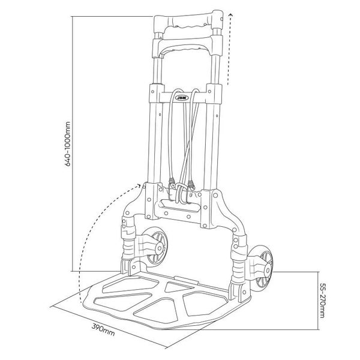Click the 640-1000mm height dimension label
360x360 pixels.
pos(68,144)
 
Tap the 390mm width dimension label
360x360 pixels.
pos(103,329)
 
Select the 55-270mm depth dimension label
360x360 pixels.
pos(322,301)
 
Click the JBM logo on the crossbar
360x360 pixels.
pos(182,98)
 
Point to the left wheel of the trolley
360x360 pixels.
pos(154,247)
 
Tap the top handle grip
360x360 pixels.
pos(188,22)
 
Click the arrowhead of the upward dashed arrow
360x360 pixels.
pos(231,16)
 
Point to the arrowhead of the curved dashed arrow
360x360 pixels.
pos(139,185)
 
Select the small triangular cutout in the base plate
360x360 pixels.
pos(176,287)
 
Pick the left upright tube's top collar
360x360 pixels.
pos(157,93)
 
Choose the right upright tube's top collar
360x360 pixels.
pos(214,93)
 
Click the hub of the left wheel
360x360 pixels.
pos(160,247)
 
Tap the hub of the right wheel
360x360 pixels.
pos(267,270)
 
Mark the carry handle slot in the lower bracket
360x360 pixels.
pos(179,206)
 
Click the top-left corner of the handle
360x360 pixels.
pos(154,17)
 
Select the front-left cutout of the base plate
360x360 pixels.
pos(123,301)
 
